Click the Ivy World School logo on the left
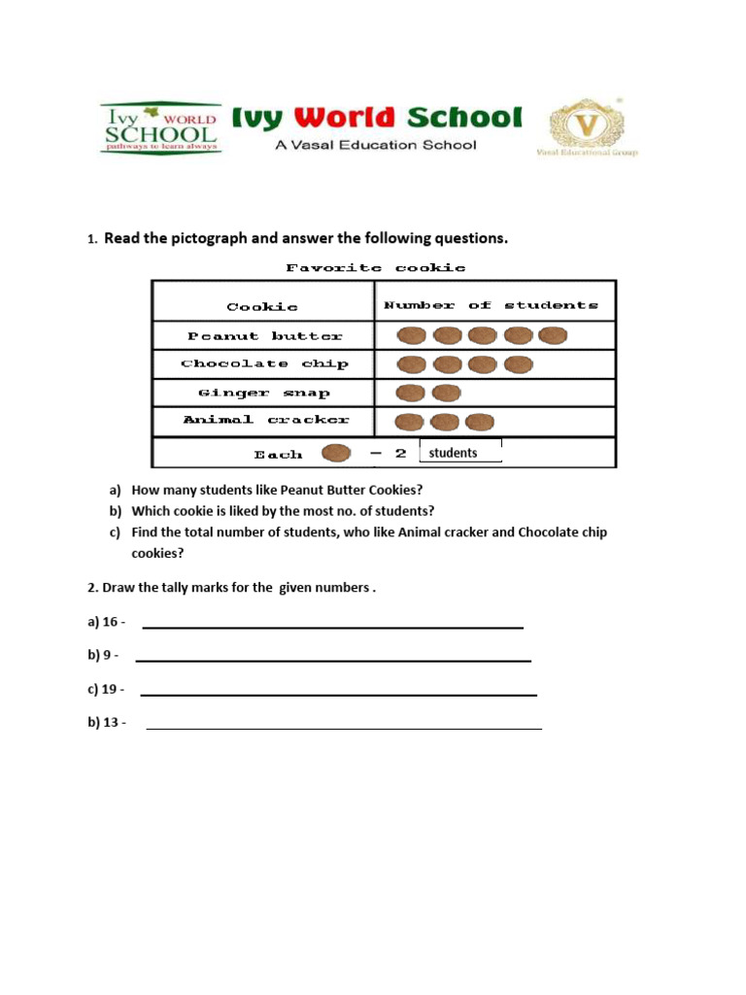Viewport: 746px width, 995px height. point(161,126)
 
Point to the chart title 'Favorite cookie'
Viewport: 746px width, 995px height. point(375,267)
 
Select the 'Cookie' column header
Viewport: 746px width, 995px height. point(262,307)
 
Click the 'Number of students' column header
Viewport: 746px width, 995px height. point(492,305)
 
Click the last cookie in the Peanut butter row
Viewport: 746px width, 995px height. point(553,336)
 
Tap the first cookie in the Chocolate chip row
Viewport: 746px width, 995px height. point(412,364)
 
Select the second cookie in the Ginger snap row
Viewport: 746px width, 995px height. point(445,394)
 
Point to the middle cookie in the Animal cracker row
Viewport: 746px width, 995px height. point(445,423)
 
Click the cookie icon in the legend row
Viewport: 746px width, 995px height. point(336,454)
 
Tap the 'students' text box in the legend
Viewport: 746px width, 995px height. point(460,452)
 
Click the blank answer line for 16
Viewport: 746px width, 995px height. point(332,625)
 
